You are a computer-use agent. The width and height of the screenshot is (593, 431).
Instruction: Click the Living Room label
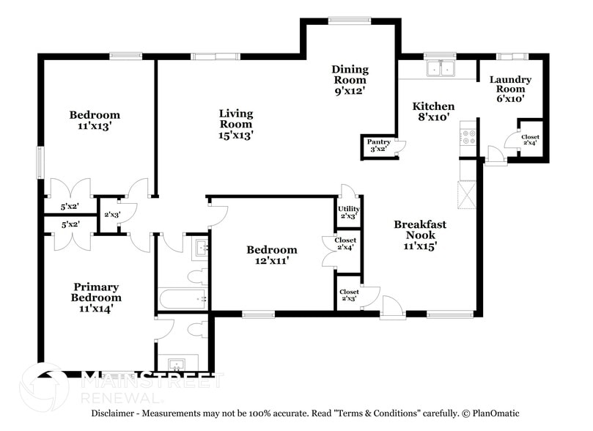coord(236,124)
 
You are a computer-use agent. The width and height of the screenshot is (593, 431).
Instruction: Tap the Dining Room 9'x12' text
coord(350,80)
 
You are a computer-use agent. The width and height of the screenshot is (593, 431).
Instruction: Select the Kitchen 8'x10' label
coord(432,112)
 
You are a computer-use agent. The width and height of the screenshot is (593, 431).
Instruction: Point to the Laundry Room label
coord(510,88)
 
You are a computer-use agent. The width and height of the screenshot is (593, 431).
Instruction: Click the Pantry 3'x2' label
coord(378,146)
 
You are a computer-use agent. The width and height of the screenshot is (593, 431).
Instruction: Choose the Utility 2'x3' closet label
coord(348,213)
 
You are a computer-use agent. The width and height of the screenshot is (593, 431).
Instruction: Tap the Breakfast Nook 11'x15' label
coord(420,235)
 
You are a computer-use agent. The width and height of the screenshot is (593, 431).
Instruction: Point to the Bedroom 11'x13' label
coord(95,119)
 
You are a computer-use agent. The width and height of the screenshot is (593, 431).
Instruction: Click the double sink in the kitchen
coord(441,69)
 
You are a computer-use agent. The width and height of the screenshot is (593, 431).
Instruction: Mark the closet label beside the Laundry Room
coord(530,139)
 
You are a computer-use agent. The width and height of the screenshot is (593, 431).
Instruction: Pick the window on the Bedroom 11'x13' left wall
coord(40,162)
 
